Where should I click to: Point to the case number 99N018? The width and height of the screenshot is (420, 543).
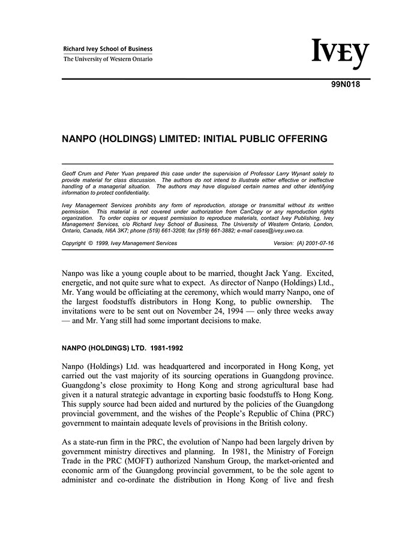coord(346,85)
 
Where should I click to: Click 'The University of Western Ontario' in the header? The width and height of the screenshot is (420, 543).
coord(108,59)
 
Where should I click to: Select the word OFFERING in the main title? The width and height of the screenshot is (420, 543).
coord(298,138)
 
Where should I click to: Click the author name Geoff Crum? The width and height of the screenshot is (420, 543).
coord(78,173)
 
